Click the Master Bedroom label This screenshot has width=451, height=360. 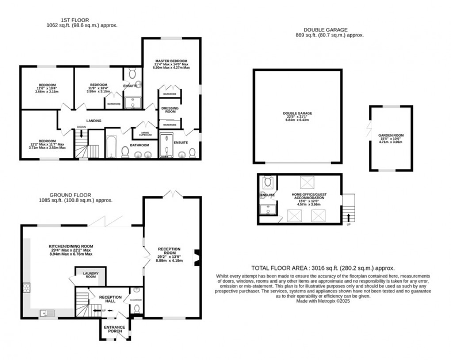tap(171, 61)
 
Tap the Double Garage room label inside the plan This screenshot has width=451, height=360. tap(297, 114)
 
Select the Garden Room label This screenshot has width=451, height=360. tap(390, 135)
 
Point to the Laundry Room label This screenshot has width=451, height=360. tap(90, 275)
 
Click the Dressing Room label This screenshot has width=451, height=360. tap(169, 110)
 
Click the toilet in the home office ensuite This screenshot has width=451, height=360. tap(268, 181)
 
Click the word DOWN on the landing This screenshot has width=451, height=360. tap(81, 127)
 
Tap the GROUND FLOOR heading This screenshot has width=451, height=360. tap(70, 195)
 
